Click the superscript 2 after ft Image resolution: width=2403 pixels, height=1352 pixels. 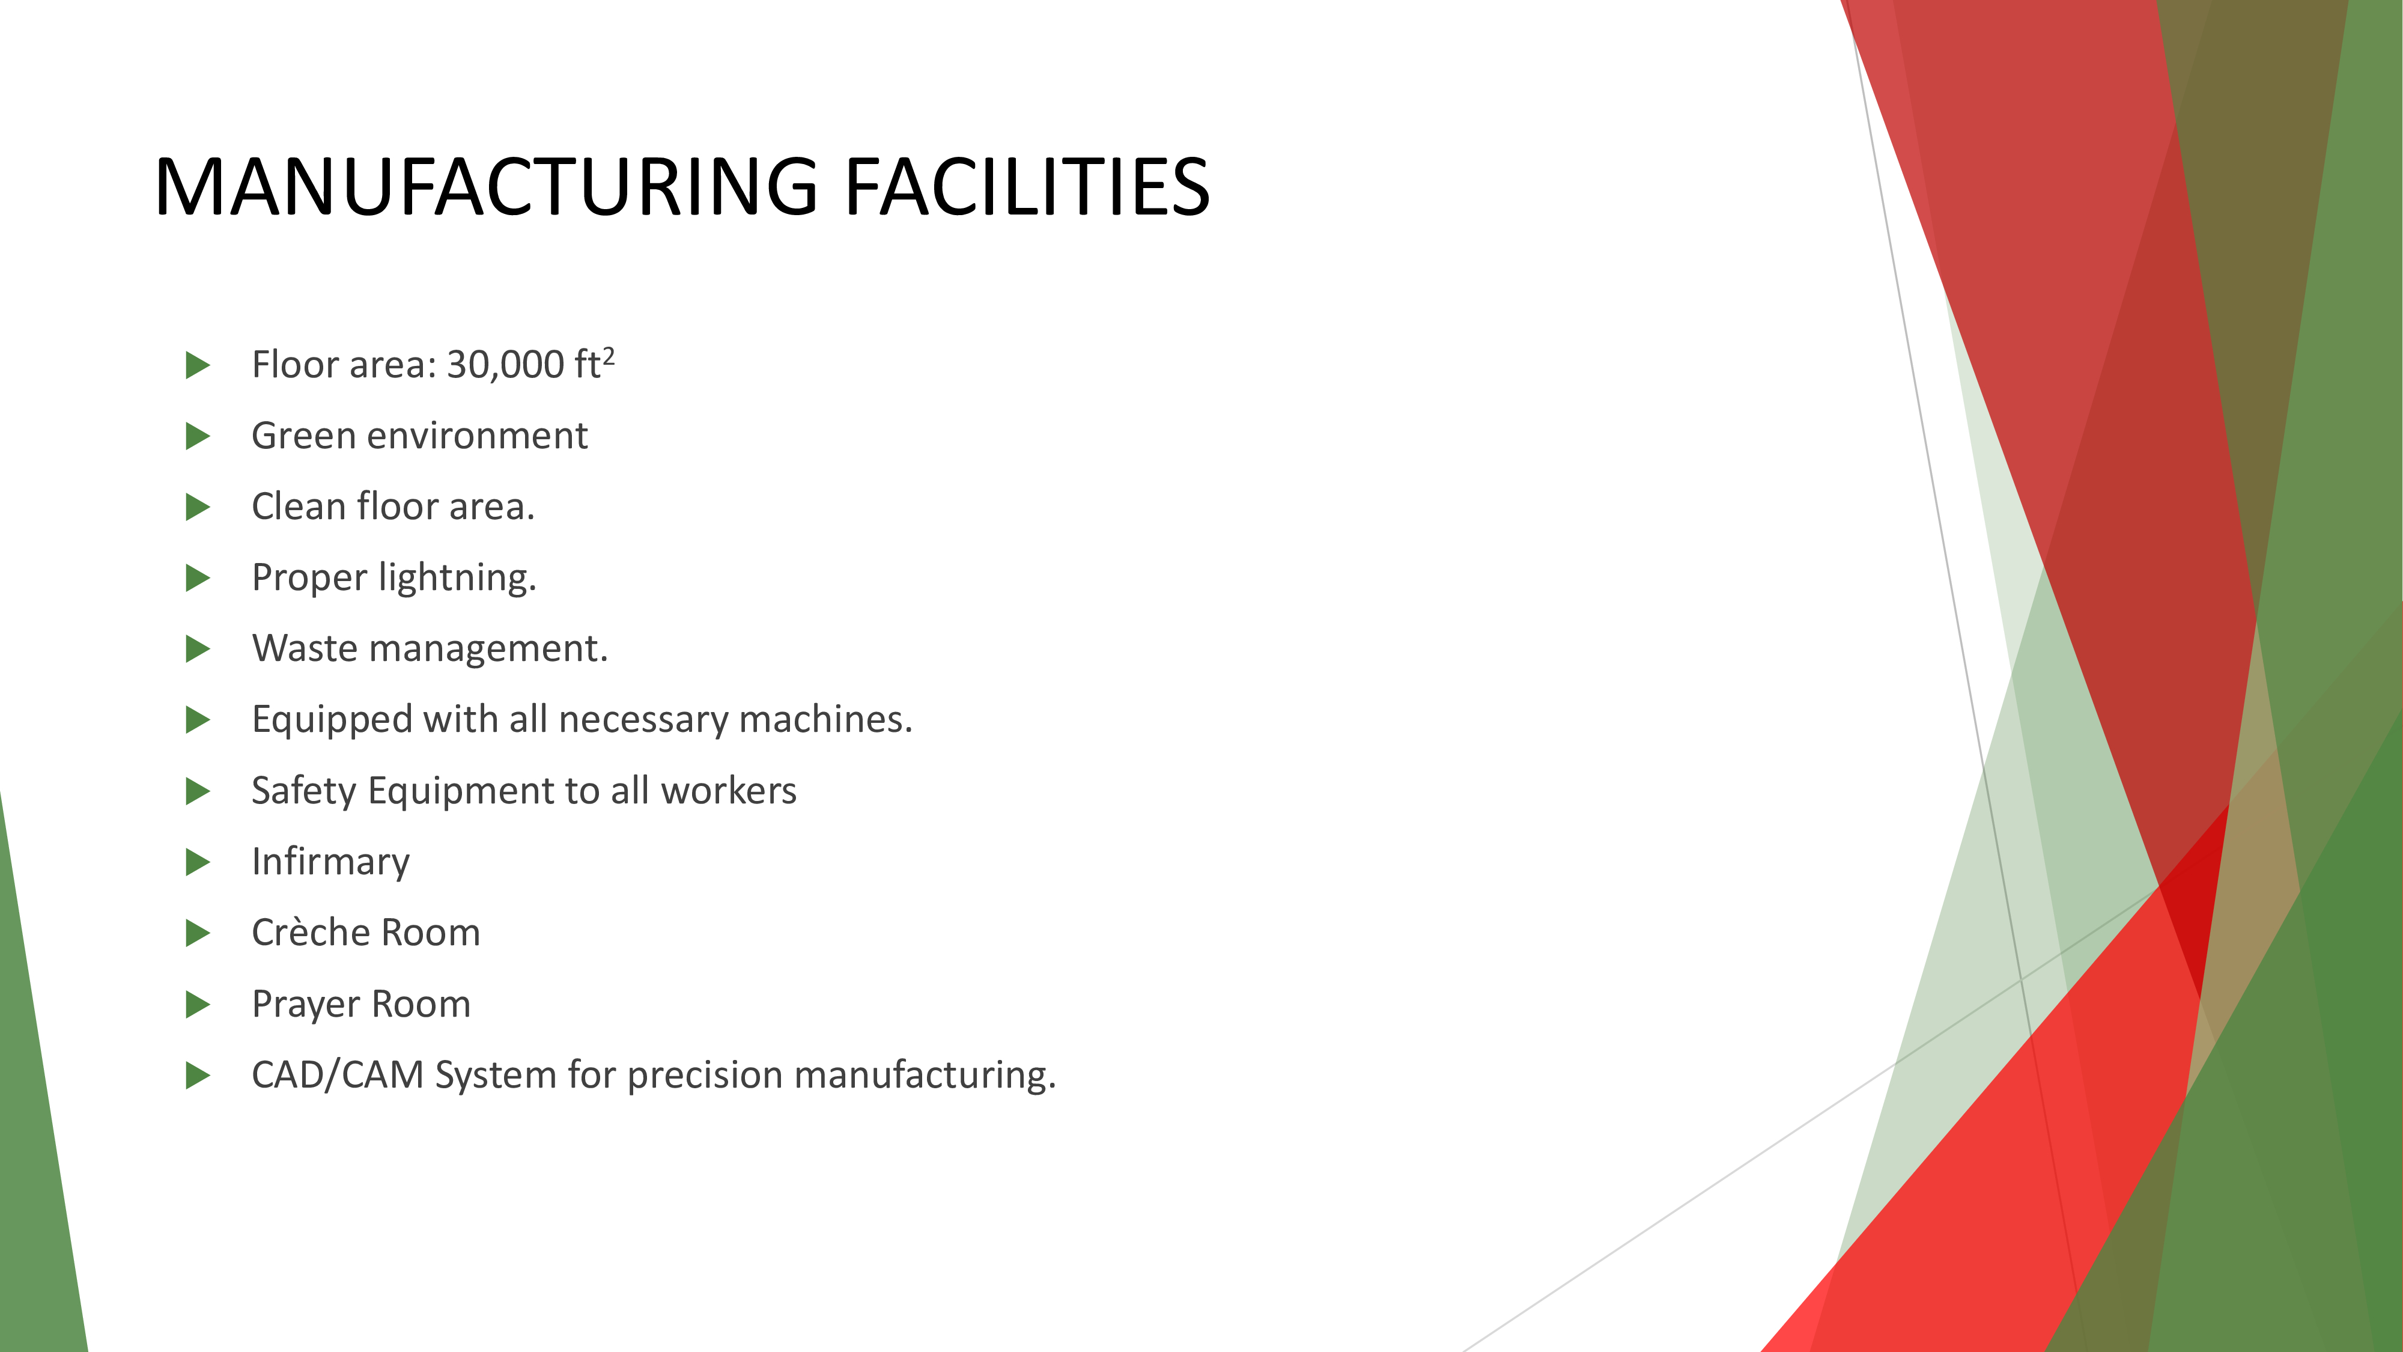pyautogui.click(x=608, y=356)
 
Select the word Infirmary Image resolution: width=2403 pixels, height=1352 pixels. pyautogui.click(x=330, y=862)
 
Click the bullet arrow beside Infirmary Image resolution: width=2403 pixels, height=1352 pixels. pyautogui.click(x=198, y=862)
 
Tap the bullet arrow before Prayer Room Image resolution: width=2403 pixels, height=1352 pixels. pyautogui.click(x=198, y=1005)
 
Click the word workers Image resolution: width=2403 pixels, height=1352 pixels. pyautogui.click(x=729, y=791)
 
